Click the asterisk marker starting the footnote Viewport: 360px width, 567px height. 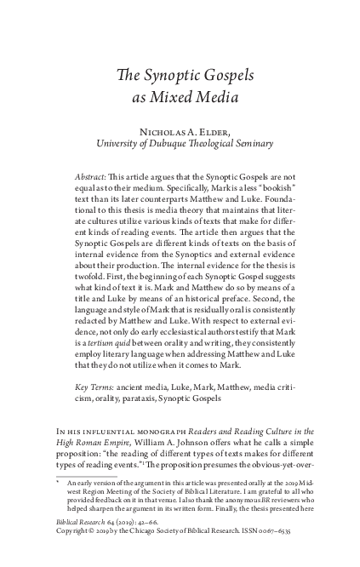coord(57,506)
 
